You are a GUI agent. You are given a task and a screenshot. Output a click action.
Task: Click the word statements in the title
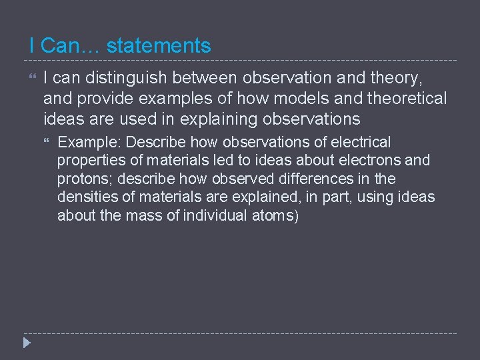[x=159, y=46]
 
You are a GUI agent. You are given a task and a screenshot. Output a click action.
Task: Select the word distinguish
[x=123, y=79]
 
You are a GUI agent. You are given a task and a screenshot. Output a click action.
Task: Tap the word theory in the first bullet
[x=396, y=79]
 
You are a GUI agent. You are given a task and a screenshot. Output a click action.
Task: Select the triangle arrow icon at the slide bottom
[x=27, y=343]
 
